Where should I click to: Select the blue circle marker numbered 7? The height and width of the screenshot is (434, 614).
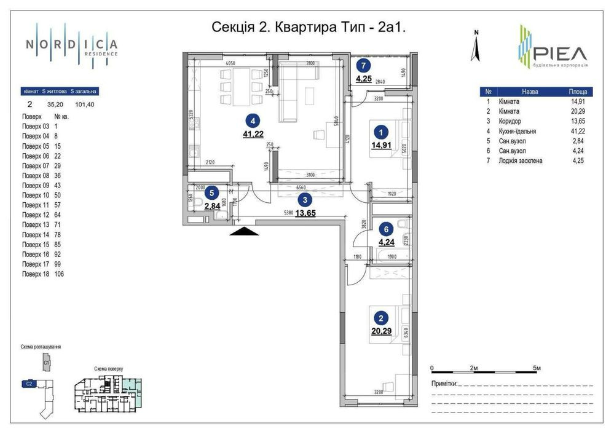[364, 65]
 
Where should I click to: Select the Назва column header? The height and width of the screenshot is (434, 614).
[529, 91]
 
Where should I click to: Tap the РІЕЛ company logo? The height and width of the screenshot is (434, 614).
[551, 48]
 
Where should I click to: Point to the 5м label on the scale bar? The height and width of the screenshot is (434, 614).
[537, 368]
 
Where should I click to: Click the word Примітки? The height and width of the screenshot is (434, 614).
[444, 384]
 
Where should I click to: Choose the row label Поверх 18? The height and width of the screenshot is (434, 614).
[34, 274]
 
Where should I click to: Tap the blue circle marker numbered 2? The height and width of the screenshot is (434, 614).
[382, 318]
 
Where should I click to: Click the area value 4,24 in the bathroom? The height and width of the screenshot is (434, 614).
[387, 242]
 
